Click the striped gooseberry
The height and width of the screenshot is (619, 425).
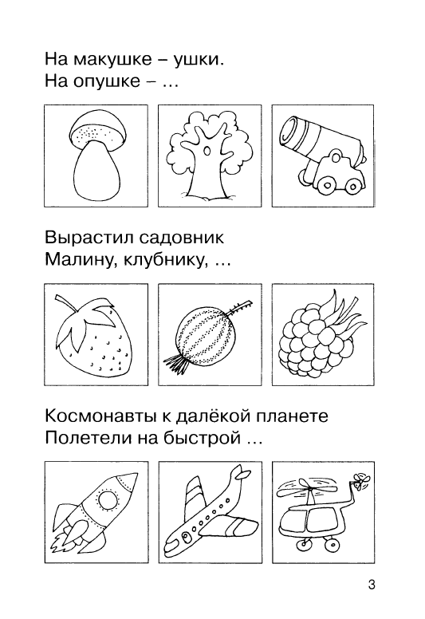pyautogui.click(x=203, y=335)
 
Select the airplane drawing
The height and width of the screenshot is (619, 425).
pyautogui.click(x=208, y=513)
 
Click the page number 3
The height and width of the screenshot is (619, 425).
pyautogui.click(x=372, y=584)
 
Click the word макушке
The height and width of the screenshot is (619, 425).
pyautogui.click(x=113, y=60)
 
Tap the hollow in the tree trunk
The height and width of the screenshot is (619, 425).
pyautogui.click(x=207, y=152)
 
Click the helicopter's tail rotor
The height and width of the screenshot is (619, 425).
pyautogui.click(x=360, y=481)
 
